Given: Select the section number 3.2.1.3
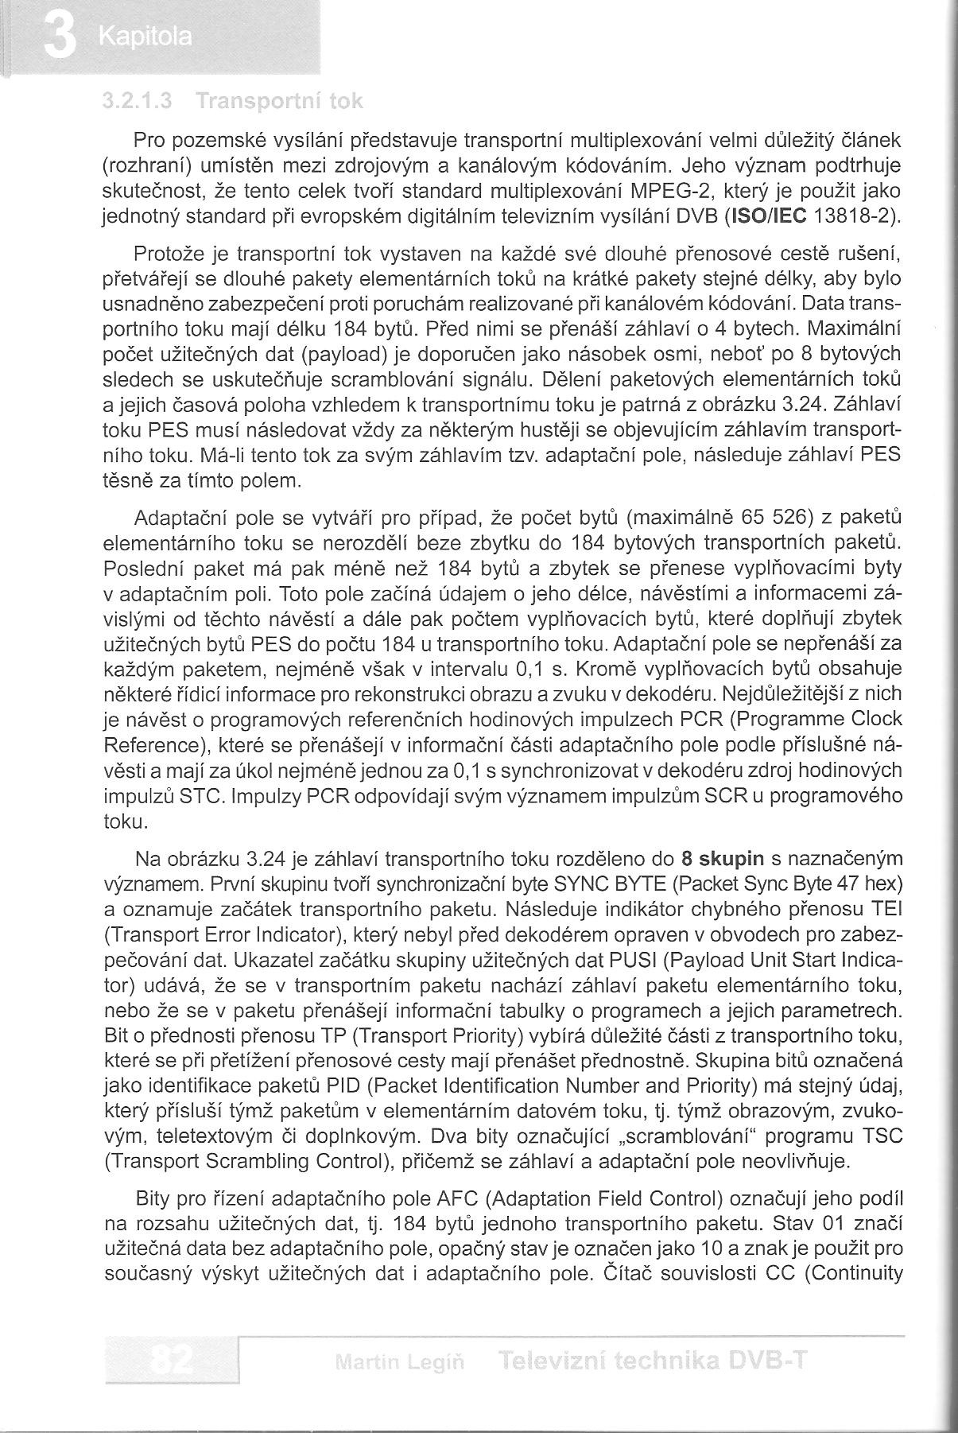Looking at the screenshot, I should pos(138,101).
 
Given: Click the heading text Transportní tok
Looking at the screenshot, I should pos(278,101).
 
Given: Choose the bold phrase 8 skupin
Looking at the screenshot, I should pos(723,858).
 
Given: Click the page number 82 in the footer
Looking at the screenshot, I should pos(170,1361).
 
